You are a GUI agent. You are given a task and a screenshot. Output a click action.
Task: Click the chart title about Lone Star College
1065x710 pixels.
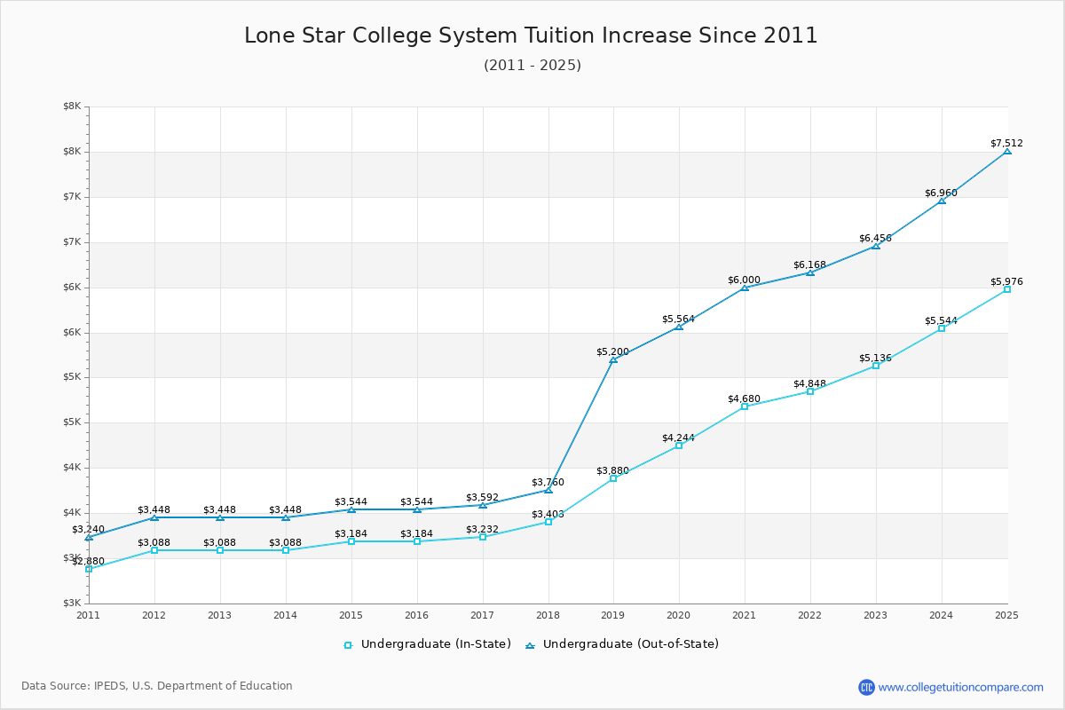coord(531,35)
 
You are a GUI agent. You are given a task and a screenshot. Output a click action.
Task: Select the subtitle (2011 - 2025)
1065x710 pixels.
coord(532,66)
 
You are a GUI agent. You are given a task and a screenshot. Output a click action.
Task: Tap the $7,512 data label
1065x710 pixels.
coord(1006,143)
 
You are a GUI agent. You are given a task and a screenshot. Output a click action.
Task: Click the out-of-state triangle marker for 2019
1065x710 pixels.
coord(613,359)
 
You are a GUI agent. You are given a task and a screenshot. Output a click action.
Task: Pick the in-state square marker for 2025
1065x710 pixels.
coord(1007,289)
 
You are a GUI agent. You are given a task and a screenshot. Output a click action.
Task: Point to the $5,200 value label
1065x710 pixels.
coord(612,351)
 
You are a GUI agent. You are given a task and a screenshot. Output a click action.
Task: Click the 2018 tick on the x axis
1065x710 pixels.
coord(548,614)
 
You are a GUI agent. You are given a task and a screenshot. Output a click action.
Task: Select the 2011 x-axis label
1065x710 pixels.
coord(89,614)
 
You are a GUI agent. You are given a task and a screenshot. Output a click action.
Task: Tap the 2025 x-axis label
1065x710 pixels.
coord(1006,614)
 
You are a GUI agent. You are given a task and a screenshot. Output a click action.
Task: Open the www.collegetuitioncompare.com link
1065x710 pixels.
coord(960,687)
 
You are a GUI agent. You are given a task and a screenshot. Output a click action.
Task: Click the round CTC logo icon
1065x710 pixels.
coord(866,687)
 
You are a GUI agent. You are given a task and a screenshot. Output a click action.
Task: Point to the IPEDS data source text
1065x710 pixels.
coord(157,686)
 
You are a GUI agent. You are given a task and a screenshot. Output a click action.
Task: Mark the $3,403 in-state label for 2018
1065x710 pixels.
coord(548,514)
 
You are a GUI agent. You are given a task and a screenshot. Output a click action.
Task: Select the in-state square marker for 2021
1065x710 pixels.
coord(745,406)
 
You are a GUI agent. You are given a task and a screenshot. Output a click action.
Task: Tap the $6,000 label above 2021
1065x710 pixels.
coord(744,280)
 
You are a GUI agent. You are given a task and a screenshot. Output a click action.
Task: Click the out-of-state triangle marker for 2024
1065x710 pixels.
coord(942,201)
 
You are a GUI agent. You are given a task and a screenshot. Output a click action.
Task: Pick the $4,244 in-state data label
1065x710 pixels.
coord(678,438)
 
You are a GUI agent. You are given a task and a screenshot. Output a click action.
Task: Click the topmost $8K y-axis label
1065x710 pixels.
coord(72,106)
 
